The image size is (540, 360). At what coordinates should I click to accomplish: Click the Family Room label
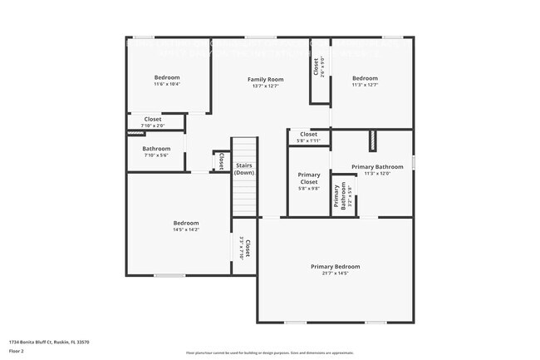pyautogui.click(x=265, y=78)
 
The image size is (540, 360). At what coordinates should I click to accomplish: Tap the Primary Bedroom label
pyautogui.click(x=335, y=266)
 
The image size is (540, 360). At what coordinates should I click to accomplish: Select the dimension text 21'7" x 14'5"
pyautogui.click(x=335, y=273)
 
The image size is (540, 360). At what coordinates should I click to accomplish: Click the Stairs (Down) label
pyautogui.click(x=244, y=169)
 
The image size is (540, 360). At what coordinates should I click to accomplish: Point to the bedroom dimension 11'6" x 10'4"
pyautogui.click(x=167, y=84)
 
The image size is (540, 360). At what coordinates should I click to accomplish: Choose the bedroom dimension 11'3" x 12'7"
pyautogui.click(x=365, y=84)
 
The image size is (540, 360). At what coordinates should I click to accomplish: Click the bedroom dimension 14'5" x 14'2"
pyautogui.click(x=186, y=229)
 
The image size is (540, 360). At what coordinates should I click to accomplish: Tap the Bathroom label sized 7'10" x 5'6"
pyautogui.click(x=156, y=149)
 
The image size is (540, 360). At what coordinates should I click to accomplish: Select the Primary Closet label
pyautogui.click(x=308, y=178)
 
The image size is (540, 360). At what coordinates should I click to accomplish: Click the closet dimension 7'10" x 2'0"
pyautogui.click(x=154, y=126)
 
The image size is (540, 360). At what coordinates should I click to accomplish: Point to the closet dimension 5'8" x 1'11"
pyautogui.click(x=308, y=141)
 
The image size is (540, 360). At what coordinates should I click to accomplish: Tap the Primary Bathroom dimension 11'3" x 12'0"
pyautogui.click(x=371, y=173)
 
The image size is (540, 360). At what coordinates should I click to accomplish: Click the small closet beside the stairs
pyautogui.click(x=221, y=161)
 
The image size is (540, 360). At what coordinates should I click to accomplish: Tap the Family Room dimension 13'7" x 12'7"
pyautogui.click(x=265, y=85)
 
